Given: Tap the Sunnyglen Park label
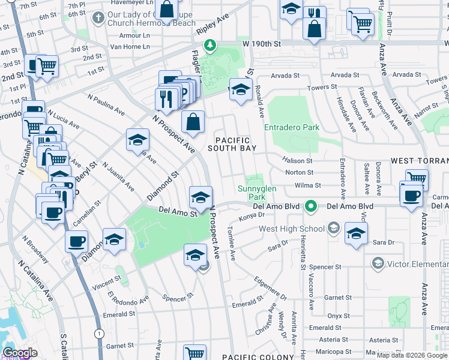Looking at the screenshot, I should pyautogui.click(x=256, y=193).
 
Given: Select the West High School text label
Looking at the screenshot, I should pyautogui.click(x=291, y=229).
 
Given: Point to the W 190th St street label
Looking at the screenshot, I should pyautogui.click(x=262, y=44).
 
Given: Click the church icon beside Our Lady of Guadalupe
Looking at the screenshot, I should pyautogui.click(x=98, y=18).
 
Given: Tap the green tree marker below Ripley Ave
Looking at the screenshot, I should pyautogui.click(x=210, y=45).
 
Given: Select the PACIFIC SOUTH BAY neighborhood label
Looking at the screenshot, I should pyautogui.click(x=232, y=143).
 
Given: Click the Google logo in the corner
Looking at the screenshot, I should pyautogui.click(x=20, y=353).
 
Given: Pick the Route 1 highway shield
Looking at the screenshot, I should pyautogui.click(x=98, y=332).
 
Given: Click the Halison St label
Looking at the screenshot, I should pyautogui.click(x=298, y=161).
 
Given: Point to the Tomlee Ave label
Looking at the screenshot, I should pyautogui.click(x=232, y=244).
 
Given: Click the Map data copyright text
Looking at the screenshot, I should pyautogui.click(x=412, y=355).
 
